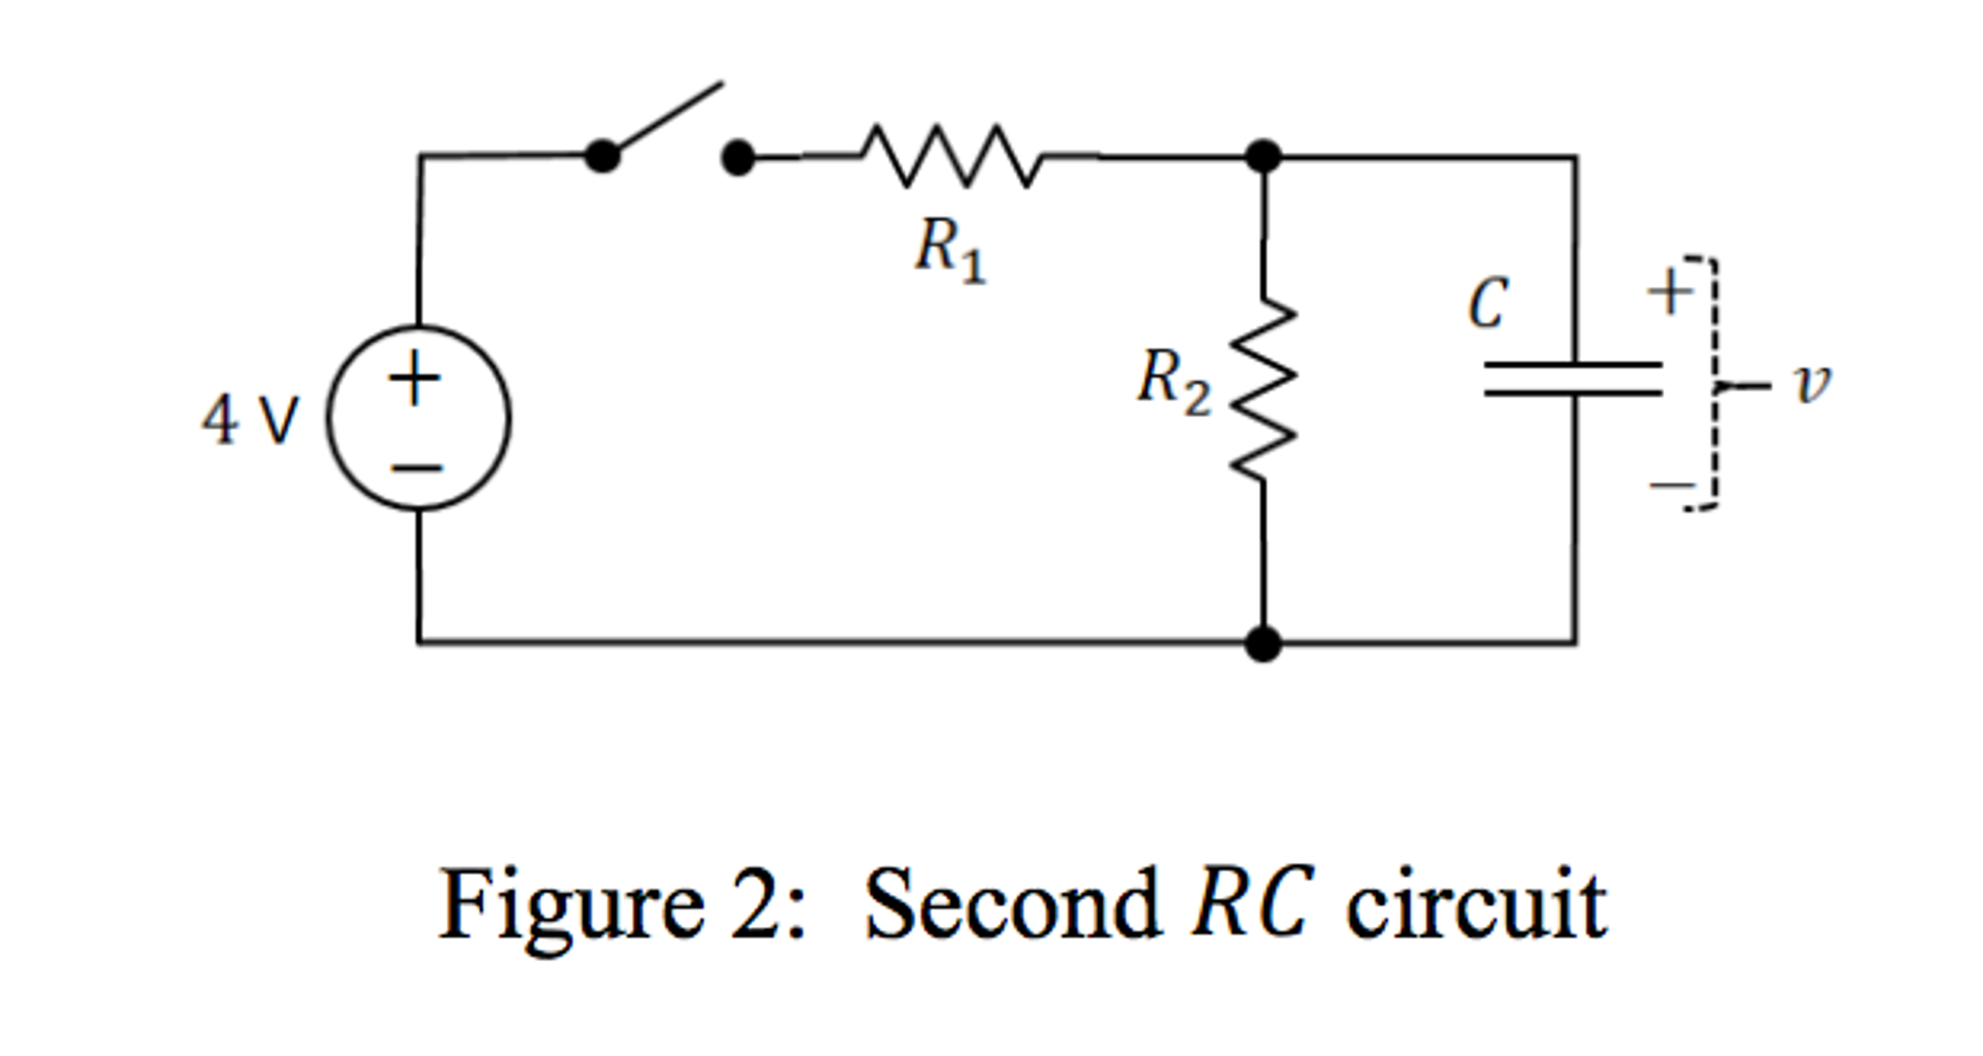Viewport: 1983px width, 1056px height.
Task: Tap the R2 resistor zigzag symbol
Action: [1263, 391]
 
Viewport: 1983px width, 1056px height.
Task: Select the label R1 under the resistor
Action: [950, 249]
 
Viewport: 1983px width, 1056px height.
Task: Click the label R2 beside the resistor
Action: [1173, 381]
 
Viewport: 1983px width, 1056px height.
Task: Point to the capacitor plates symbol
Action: [1573, 379]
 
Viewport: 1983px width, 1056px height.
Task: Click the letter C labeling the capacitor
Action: [1488, 304]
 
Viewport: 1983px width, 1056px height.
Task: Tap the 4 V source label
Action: [250, 421]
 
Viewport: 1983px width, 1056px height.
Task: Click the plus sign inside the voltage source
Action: [415, 378]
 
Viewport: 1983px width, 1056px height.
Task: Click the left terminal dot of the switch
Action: [602, 156]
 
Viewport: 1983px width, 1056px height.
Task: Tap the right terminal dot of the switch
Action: [739, 157]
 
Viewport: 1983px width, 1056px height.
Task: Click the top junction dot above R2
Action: [1263, 156]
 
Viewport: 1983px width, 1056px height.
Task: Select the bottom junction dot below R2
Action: [1263, 643]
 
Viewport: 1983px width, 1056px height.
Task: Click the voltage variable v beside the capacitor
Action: [1810, 384]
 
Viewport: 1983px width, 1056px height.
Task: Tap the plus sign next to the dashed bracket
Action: [1669, 291]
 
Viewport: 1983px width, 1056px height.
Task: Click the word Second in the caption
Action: [1012, 906]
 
